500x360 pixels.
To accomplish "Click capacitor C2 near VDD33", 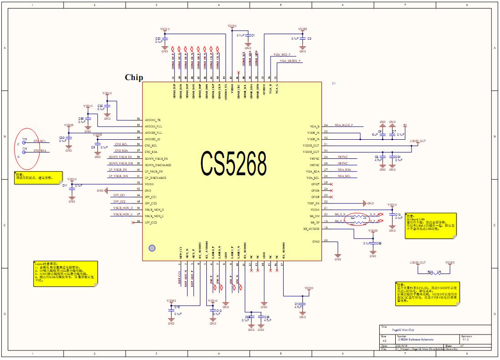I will [303, 39].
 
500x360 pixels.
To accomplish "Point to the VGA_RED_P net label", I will [282, 54].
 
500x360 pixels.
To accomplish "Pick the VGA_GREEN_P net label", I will [291, 61].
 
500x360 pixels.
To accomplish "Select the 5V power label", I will [405, 125].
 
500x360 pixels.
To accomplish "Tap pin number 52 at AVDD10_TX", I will [138, 119].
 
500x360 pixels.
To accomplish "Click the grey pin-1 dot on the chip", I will [152, 248].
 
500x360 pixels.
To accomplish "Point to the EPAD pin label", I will [316, 241].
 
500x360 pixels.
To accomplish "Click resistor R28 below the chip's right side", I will [430, 272].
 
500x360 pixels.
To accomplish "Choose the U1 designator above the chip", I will [334, 84].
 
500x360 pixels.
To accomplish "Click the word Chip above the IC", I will [134, 77].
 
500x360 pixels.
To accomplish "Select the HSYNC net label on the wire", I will [343, 163].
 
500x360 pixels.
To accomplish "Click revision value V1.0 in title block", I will [466, 340].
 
